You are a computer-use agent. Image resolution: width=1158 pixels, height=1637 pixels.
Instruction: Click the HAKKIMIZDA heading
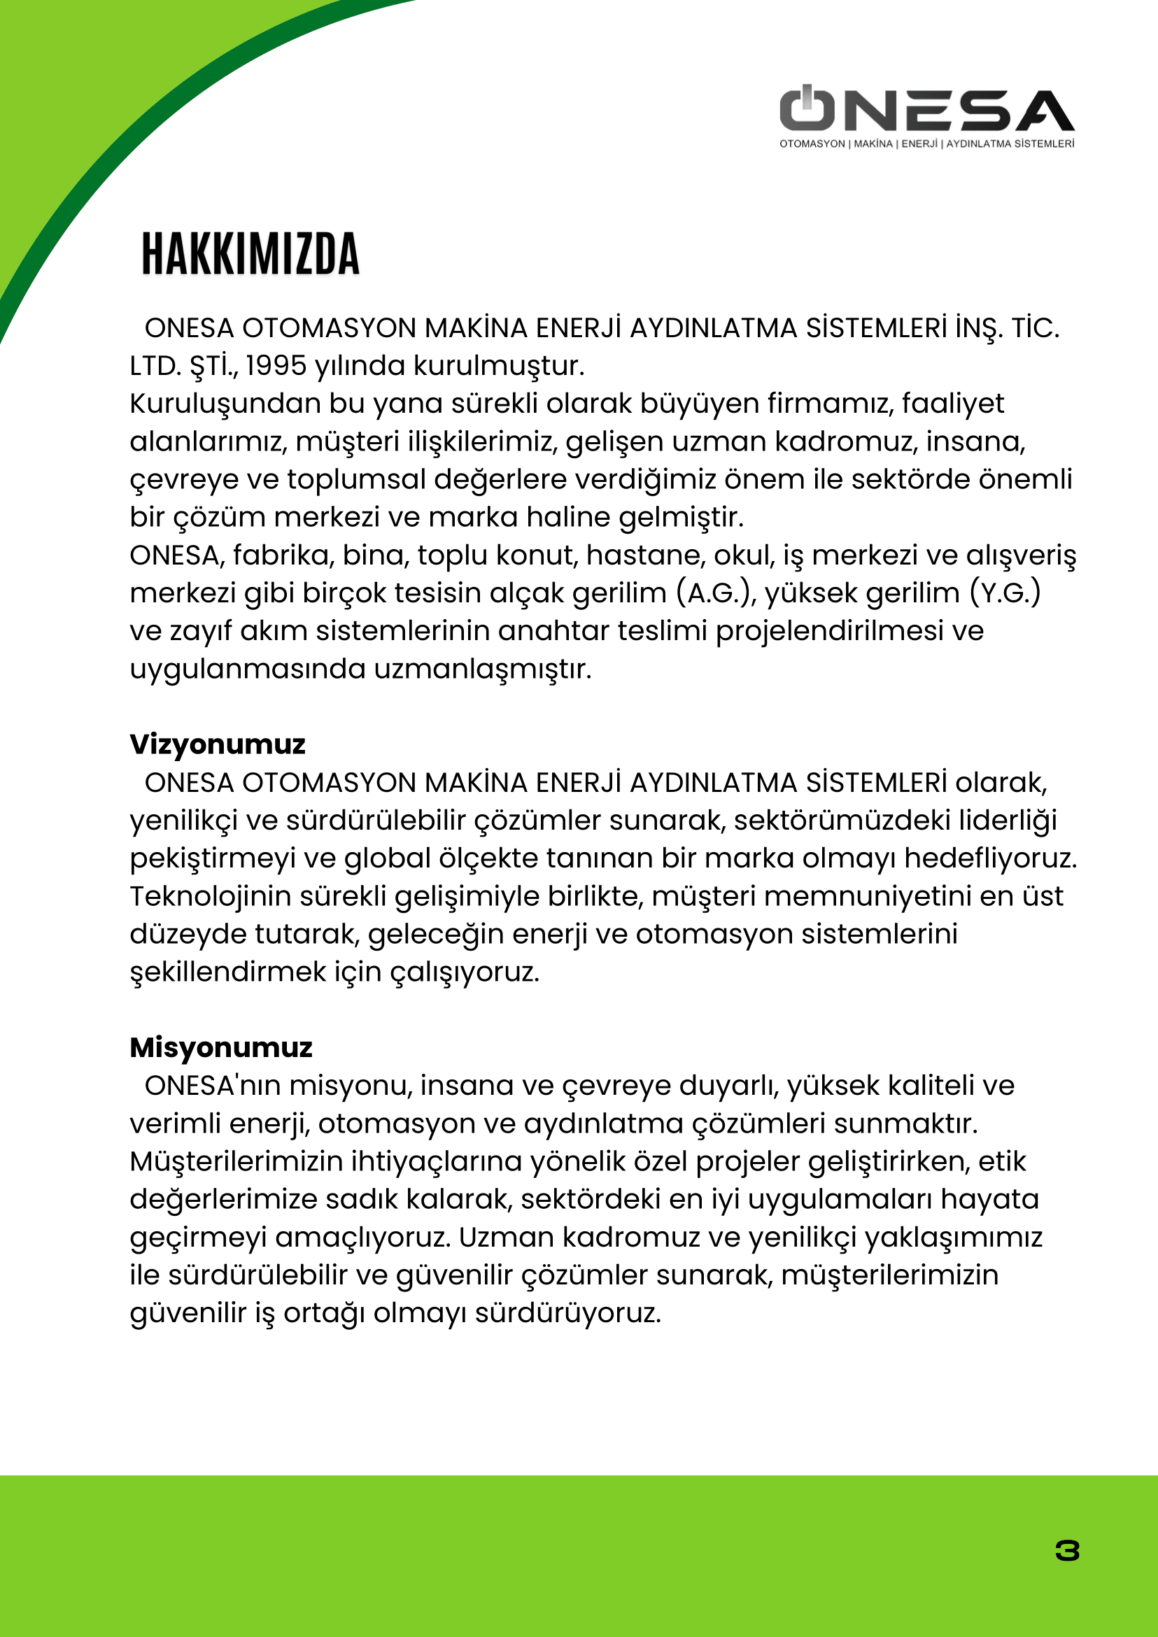point(250,254)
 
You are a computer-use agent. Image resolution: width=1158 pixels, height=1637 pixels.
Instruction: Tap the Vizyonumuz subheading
point(218,744)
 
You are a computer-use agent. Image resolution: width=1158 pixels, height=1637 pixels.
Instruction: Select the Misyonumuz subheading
point(221,1047)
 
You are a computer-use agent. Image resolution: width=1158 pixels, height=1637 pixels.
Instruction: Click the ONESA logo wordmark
point(927,111)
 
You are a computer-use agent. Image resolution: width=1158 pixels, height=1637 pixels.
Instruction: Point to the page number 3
point(1067,1551)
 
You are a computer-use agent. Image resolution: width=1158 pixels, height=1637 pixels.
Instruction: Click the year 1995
point(276,366)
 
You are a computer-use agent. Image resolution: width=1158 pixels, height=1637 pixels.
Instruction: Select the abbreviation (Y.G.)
point(1005,593)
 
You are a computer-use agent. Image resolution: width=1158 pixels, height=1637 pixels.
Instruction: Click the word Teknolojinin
point(211,896)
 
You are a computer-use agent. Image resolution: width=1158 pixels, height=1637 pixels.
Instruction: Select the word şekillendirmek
point(227,972)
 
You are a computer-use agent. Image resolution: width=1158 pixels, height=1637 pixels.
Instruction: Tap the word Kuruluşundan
point(225,404)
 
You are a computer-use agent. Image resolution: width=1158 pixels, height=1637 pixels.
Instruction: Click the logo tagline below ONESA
point(927,144)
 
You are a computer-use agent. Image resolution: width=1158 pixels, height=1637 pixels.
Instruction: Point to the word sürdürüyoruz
point(567,1312)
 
